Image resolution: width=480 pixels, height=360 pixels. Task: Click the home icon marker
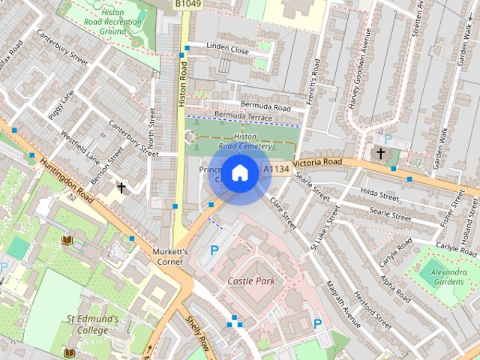tap(239, 173)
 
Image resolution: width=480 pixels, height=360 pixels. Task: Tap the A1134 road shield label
tap(276, 169)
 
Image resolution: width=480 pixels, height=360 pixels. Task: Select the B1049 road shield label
tap(188, 4)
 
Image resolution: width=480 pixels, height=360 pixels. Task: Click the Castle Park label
tap(251, 281)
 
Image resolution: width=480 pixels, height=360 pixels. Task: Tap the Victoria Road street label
tap(317, 163)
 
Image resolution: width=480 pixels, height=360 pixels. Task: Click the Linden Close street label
tap(228, 49)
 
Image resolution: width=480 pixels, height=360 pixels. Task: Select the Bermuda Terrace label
tap(243, 117)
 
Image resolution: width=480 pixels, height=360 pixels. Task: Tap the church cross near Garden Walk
tap(380, 153)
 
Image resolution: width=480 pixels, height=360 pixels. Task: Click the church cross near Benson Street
tap(121, 187)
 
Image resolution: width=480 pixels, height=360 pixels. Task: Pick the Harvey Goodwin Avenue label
tap(358, 70)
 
